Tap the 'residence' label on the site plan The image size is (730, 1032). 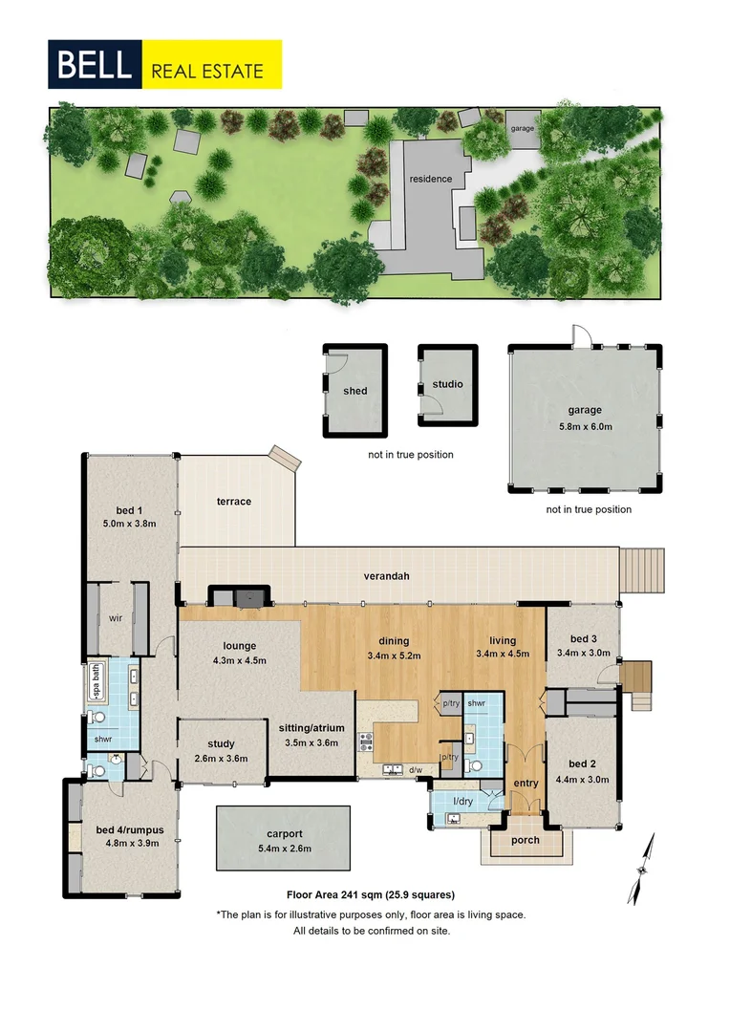430,179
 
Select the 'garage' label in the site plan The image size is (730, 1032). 523,128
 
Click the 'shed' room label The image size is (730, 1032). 355,390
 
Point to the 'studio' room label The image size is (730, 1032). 447,384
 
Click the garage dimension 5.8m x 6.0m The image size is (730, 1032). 584,426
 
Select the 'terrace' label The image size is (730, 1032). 233,502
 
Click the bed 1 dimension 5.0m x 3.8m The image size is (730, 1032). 129,523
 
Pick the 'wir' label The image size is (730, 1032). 116,618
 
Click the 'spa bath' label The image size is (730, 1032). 96,684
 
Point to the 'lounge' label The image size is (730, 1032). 240,646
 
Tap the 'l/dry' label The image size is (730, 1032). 463,801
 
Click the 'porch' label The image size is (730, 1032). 526,841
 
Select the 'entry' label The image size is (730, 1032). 526,784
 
